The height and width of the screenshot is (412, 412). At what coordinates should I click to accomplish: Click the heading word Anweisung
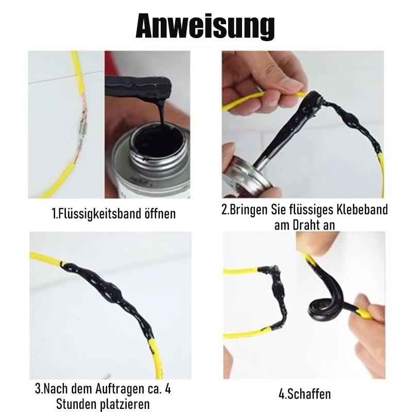pyautogui.click(x=205, y=27)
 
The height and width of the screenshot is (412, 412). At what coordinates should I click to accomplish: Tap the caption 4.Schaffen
pyautogui.click(x=304, y=394)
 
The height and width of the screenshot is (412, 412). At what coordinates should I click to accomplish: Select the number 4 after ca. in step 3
pyautogui.click(x=168, y=389)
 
